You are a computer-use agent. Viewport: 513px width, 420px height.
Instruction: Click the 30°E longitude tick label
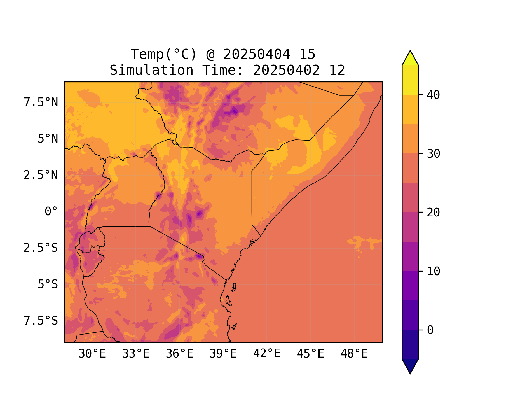92,354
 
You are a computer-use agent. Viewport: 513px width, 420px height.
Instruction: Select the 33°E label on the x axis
136,354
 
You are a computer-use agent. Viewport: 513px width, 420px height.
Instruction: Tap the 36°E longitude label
179,354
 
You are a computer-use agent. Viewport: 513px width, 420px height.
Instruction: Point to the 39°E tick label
223,354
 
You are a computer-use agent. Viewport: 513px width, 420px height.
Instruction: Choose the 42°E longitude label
267,354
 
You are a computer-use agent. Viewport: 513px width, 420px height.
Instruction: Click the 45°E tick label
310,354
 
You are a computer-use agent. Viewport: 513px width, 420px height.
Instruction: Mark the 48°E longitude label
354,354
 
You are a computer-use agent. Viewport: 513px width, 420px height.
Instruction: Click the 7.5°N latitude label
41,102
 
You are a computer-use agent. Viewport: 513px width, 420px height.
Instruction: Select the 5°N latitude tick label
48,139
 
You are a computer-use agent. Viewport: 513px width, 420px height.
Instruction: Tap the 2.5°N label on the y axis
41,175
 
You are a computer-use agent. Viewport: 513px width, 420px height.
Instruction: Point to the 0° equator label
51,212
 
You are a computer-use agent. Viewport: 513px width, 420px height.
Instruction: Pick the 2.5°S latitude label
41,248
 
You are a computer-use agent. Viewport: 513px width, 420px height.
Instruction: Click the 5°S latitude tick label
48,284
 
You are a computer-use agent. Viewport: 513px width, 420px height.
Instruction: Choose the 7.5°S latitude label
41,321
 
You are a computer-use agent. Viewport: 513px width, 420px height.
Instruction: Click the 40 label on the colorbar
433,95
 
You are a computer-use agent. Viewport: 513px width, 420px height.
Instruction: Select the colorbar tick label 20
433,213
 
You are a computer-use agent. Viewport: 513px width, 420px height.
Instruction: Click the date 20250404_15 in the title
269,54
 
